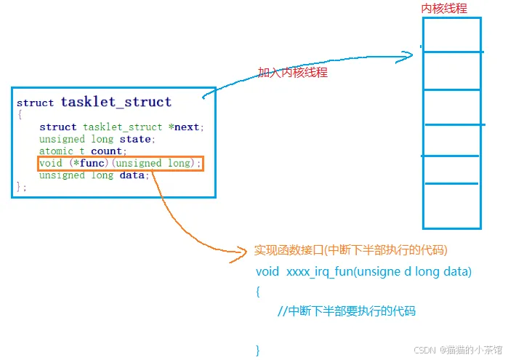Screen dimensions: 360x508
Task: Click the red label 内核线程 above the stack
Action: [444, 9]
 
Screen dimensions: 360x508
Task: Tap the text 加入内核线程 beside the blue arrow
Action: [292, 73]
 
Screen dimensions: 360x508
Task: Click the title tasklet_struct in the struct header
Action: [116, 102]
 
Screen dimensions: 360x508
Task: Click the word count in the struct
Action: [106, 151]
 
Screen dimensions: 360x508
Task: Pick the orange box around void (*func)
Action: [121, 164]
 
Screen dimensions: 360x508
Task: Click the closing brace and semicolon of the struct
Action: [21, 188]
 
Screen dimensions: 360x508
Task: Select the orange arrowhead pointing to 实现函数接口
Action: [243, 253]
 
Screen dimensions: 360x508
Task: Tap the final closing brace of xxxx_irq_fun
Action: [258, 351]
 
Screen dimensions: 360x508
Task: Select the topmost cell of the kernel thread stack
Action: [452, 34]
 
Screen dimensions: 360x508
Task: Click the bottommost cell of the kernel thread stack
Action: [452, 207]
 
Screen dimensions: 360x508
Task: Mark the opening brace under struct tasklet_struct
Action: [20, 114]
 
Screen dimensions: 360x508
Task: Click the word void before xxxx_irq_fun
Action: [267, 272]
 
